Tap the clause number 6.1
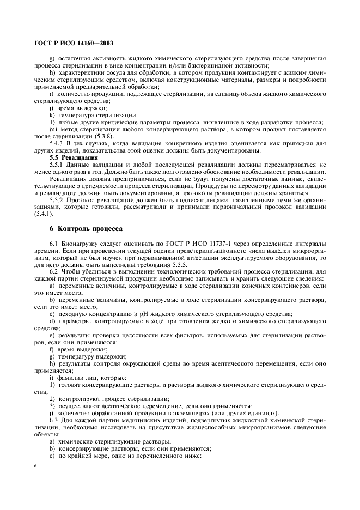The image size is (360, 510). pyautogui.click(x=53, y=242)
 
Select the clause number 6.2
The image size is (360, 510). pyautogui.click(x=53, y=271)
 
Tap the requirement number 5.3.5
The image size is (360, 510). pyautogui.click(x=151, y=264)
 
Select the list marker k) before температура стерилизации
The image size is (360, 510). pyautogui.click(x=51, y=114)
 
